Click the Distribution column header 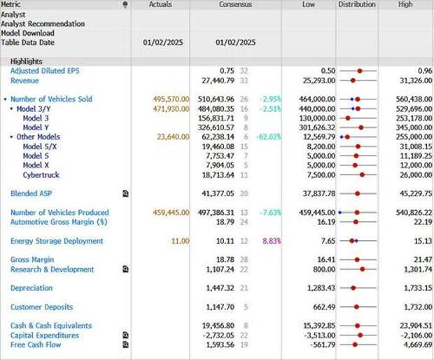click(357, 4)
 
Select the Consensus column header click(235, 4)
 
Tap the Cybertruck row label click(41, 174)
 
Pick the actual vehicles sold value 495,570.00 click(171, 99)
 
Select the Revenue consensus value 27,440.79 click(217, 81)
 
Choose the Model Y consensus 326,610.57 click(215, 127)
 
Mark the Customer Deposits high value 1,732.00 click(418, 307)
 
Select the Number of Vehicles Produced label click(59, 212)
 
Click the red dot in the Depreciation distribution click(357, 288)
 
